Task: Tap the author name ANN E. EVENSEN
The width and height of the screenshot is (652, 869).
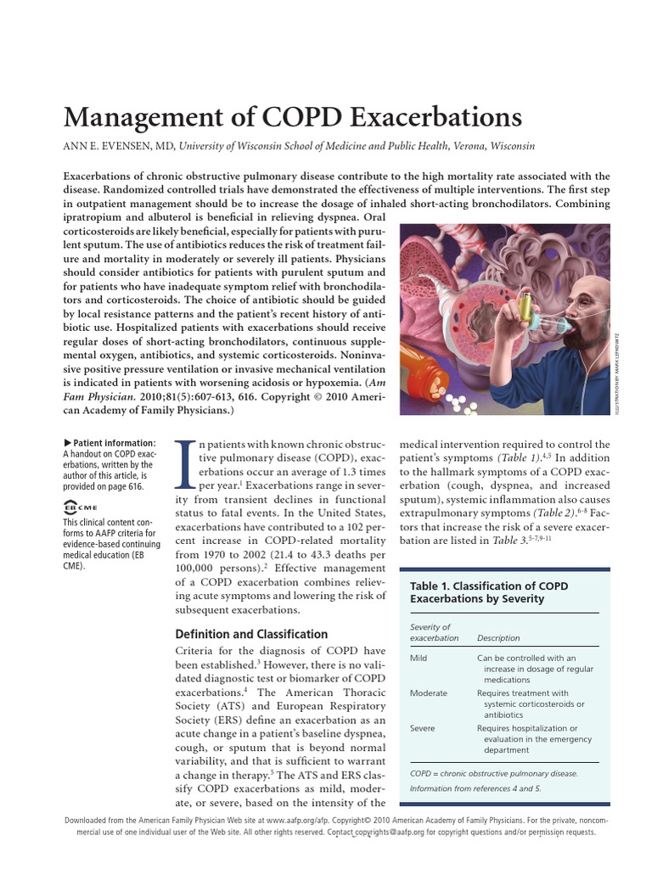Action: [x=117, y=146]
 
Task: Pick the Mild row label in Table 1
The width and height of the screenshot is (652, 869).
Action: [x=419, y=658]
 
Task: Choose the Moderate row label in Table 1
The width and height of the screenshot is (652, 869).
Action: [x=429, y=692]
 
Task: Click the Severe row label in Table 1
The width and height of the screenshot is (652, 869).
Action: [x=423, y=728]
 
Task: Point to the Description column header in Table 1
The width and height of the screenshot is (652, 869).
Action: [x=498, y=638]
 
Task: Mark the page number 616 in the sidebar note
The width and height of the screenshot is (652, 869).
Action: [x=134, y=487]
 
